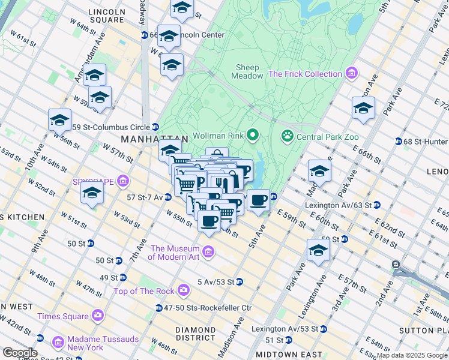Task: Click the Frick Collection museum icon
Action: [351, 74]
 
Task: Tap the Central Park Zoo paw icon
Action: [287, 136]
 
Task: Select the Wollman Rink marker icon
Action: [253, 136]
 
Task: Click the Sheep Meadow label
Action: [249, 72]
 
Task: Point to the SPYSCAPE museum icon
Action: [123, 180]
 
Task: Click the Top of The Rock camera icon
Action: [183, 291]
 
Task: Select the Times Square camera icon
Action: [98, 316]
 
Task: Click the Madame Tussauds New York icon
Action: [59, 342]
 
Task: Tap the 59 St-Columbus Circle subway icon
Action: [155, 127]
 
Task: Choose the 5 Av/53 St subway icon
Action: [239, 281]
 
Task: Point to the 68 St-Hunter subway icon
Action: [399, 142]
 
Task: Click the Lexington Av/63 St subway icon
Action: [376, 205]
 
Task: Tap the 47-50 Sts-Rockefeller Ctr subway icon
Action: [159, 308]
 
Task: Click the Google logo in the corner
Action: [19, 353]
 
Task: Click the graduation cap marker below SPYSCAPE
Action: [92, 193]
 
